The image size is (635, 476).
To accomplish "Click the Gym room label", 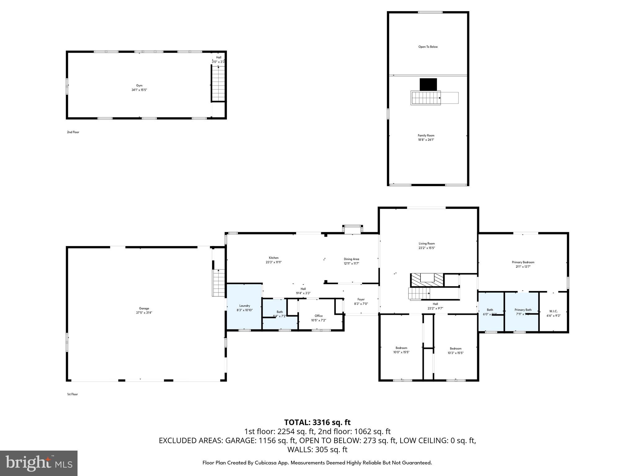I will coord(139,86).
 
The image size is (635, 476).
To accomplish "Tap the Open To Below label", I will coord(428,47).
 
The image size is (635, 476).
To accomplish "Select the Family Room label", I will coord(426,135).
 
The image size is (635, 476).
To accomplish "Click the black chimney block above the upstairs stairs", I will coord(428,84).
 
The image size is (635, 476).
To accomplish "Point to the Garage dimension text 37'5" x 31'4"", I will coord(144,313).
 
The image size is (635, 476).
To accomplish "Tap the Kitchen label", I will coord(273,258).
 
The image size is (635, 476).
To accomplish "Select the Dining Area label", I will coord(351,259).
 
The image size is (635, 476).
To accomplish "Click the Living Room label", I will coord(427,244).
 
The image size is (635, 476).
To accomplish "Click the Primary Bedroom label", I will coord(523,262).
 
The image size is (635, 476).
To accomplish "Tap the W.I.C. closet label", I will coord(553,311).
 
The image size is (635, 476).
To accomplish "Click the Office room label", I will coord(318,316).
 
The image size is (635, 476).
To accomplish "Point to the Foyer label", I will coord(361,299).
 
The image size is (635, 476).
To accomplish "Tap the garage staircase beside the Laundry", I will coord(219,283).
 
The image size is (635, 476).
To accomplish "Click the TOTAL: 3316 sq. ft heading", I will coord(317,422).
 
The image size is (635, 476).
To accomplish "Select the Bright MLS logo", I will coord(39,463).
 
